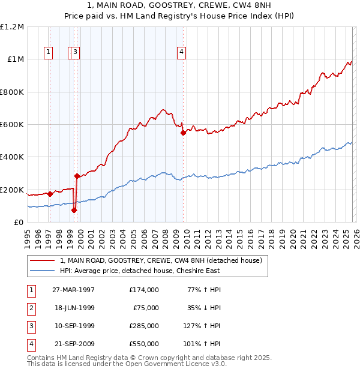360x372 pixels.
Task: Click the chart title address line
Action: click(180, 5)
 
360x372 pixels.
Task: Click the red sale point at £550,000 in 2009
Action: click(183, 133)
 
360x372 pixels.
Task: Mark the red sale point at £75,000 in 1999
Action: click(74, 210)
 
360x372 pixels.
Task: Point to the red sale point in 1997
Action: click(50, 194)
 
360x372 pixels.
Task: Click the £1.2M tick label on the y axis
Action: click(13, 27)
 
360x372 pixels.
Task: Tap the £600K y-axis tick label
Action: click(12, 125)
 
